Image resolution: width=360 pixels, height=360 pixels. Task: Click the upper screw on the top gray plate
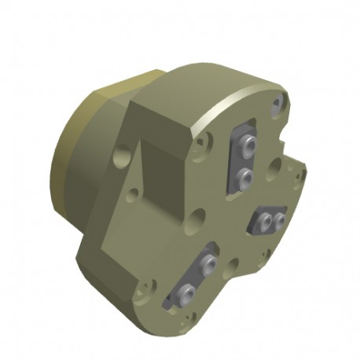[248, 147]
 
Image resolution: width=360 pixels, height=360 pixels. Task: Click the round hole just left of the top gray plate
[206, 144]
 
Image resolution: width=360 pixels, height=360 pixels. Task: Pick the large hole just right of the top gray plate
[274, 166]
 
